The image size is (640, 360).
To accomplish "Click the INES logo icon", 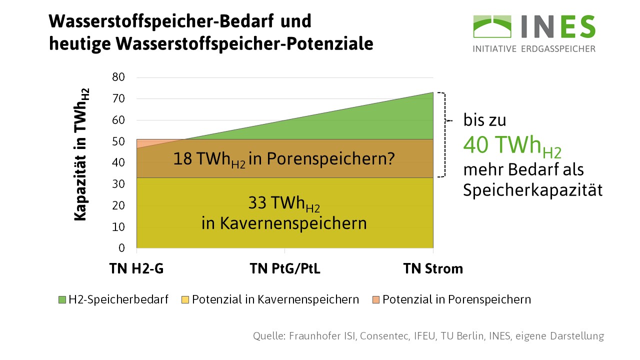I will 492,26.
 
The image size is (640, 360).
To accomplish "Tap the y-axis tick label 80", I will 118,77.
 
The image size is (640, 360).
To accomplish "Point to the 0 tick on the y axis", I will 121,248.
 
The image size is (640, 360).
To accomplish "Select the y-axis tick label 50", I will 118,141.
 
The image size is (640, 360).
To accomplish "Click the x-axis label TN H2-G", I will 136,269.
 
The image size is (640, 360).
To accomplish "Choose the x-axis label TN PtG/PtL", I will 285,269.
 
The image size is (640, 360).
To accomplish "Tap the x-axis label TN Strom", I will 433,269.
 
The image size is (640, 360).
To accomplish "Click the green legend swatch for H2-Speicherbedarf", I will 62,300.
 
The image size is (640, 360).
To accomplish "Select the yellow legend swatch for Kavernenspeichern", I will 185,300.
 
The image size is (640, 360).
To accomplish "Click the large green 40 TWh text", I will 512,145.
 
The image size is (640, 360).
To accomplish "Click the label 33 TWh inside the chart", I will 284,204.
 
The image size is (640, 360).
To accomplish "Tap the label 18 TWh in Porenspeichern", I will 284,159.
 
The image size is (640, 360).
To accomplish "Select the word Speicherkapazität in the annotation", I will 532,190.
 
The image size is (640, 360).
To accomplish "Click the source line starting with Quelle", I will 428,335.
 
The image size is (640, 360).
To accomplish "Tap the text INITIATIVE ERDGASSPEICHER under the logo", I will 534,49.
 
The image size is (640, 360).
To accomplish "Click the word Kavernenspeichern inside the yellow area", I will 284,223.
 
